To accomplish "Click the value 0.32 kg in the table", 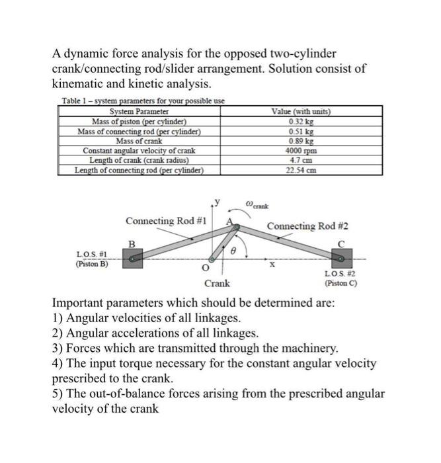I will point(301,122).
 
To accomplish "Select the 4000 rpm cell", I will point(301,150).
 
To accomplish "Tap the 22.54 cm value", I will point(301,169).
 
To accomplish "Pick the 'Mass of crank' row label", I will point(139,141).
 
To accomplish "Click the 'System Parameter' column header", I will point(139,112).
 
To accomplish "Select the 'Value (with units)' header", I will point(301,112).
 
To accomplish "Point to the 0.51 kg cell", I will point(301,132).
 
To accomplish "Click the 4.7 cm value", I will point(301,160).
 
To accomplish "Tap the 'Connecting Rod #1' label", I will point(166,220).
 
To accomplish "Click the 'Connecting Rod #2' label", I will point(307,226).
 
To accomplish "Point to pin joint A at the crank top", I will point(236,228).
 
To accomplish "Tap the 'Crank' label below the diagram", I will point(217,284).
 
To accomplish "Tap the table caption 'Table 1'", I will point(76,101).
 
